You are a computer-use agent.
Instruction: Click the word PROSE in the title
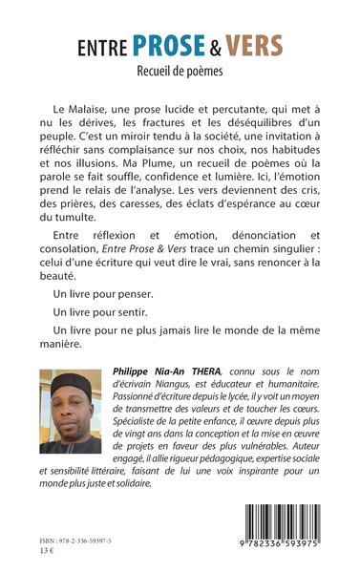(x=165, y=45)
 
